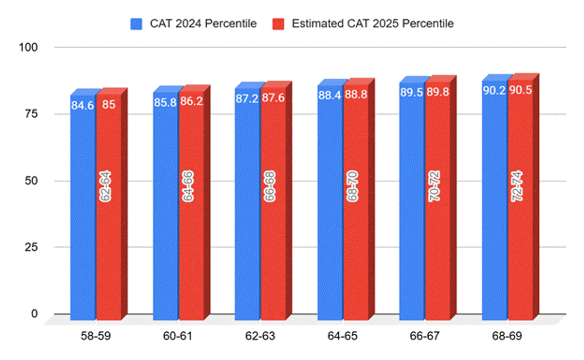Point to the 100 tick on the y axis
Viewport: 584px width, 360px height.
[30, 47]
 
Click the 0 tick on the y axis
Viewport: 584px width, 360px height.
[35, 314]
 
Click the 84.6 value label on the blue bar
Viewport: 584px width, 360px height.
[82, 104]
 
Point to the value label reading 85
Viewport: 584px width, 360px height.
[109, 104]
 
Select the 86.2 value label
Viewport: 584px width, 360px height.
[191, 103]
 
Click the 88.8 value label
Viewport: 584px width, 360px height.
[356, 95]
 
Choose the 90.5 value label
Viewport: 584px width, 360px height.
[521, 91]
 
